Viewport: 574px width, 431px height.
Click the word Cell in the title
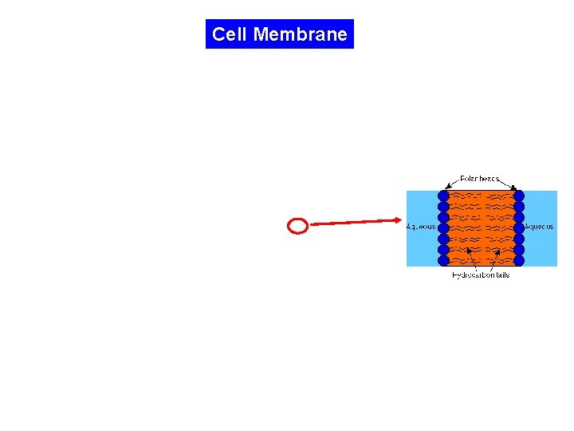click(x=230, y=34)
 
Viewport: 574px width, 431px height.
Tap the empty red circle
click(x=297, y=227)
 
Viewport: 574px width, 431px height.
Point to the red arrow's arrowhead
click(x=397, y=220)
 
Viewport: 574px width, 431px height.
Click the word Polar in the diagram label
click(x=470, y=179)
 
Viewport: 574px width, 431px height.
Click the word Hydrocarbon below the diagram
click(x=472, y=275)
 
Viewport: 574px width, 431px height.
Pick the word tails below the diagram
click(x=501, y=275)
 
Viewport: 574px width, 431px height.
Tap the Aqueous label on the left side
click(x=421, y=227)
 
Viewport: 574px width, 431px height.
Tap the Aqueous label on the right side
click(x=539, y=227)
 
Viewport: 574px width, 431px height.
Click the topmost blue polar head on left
click(x=444, y=196)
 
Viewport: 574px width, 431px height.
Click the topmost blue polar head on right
click(x=519, y=196)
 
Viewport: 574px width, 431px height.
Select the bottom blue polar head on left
click(x=444, y=259)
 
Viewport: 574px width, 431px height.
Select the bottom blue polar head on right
click(x=519, y=259)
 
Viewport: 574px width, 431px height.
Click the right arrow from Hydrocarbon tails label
click(x=493, y=260)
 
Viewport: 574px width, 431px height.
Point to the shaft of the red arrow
click(x=351, y=223)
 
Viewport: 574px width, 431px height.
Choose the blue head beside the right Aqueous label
click(x=519, y=227)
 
